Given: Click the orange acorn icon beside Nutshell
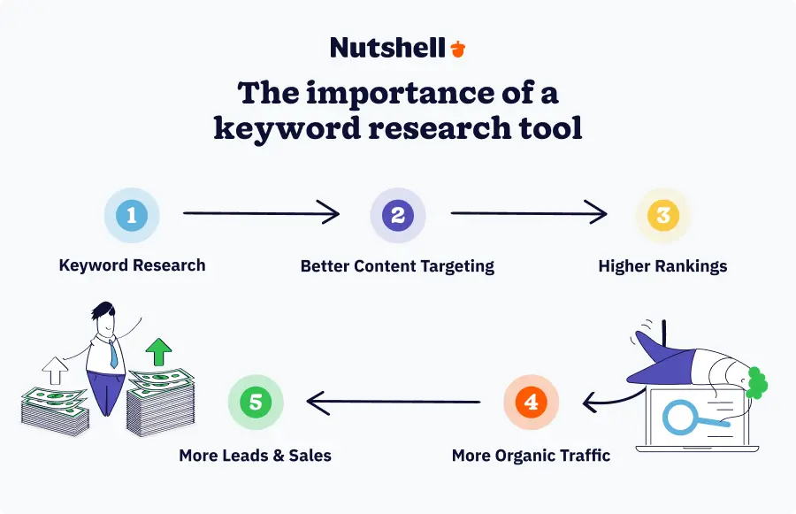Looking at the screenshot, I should click(457, 49).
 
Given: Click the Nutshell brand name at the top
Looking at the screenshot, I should click(387, 48).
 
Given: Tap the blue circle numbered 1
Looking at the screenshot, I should click(132, 215).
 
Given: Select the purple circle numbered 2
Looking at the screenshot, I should click(397, 215).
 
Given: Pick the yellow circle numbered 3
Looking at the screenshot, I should click(663, 215).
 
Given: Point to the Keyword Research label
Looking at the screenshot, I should click(132, 265).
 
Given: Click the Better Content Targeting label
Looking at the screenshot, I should click(397, 265).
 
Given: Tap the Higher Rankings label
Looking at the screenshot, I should click(662, 265).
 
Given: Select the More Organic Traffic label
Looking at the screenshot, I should click(531, 456).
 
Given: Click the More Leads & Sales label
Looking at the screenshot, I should click(255, 456).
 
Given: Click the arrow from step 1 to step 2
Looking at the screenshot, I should click(261, 213).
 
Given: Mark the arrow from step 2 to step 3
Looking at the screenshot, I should click(529, 213).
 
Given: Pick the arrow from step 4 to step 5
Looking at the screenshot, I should click(394, 403).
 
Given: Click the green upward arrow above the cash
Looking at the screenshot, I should click(159, 351).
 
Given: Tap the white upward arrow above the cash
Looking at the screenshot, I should click(56, 370).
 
